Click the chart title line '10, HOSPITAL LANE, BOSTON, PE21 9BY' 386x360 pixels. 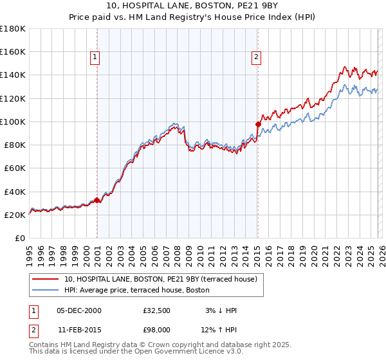pyautogui.click(x=192, y=7)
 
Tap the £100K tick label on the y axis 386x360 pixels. pyautogui.click(x=13, y=122)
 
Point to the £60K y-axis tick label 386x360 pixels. pyautogui.click(x=15, y=168)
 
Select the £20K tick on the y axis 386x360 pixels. pyautogui.click(x=15, y=215)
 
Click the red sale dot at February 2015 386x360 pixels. pyautogui.click(x=258, y=124)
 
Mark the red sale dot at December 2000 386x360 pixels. pyautogui.click(x=97, y=200)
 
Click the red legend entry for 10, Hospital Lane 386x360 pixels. pyautogui.click(x=160, y=279)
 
